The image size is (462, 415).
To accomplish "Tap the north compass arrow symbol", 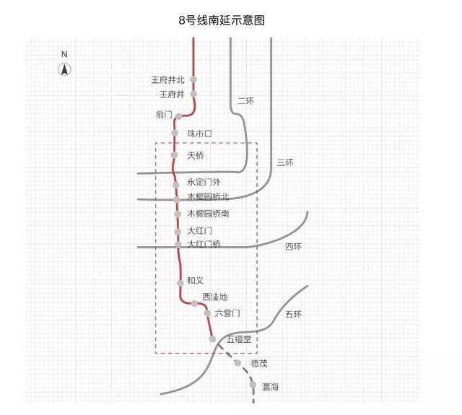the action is click(64, 69).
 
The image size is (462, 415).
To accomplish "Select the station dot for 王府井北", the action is click(193, 79).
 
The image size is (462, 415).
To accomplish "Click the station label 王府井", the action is click(172, 95).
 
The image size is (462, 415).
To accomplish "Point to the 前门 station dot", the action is click(178, 115).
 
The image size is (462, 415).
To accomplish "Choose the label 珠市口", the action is click(199, 134).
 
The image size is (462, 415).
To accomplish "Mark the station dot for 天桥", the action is click(174, 155).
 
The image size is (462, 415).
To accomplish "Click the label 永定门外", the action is click(204, 183).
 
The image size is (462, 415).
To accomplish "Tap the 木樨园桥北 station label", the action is click(208, 197).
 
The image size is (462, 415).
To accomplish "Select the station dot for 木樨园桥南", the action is click(177, 214).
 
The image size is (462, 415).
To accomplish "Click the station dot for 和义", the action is click(180, 281).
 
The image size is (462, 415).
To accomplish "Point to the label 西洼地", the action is click(215, 297).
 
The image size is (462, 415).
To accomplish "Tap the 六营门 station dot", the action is click(207, 313).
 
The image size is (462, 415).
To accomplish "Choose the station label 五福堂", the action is click(238, 338).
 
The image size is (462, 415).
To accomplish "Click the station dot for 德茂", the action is click(237, 362).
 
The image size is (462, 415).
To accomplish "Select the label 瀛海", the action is click(270, 388).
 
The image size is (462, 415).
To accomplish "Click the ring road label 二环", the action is click(245, 101).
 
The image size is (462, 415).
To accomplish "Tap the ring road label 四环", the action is click(293, 247).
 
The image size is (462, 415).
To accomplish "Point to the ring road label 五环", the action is click(294, 315).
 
